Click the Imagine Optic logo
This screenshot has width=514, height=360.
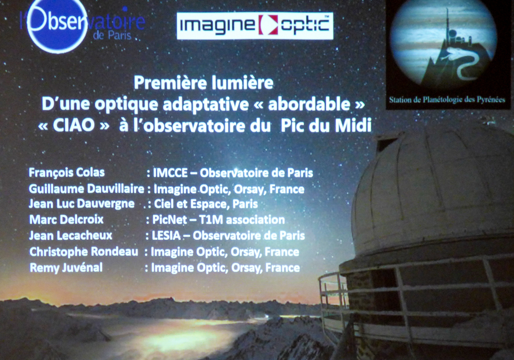point(255,26)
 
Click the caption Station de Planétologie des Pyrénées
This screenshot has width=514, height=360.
point(447,100)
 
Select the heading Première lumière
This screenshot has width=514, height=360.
point(204,83)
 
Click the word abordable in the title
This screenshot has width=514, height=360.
point(310,104)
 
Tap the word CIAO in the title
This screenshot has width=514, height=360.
point(74,125)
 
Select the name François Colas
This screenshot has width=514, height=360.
point(67,173)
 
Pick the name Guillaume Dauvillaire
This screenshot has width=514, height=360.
point(86,188)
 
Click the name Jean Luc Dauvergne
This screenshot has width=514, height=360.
point(82,204)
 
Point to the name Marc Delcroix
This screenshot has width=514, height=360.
point(66,219)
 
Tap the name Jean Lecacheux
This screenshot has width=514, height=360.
point(71,235)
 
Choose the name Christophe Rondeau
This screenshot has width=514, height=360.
point(84,252)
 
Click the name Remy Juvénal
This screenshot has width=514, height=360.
point(66,267)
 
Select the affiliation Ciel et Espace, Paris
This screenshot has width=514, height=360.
point(206,204)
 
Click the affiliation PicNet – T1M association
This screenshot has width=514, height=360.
point(218,219)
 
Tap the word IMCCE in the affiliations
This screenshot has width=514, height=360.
point(171,173)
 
